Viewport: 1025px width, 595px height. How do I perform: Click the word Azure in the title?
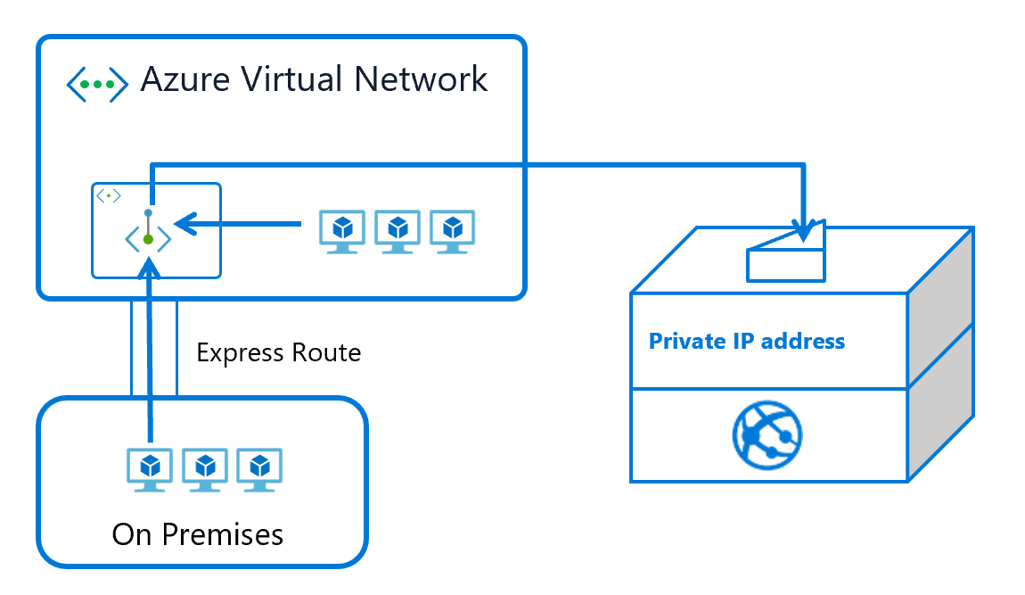pos(183,79)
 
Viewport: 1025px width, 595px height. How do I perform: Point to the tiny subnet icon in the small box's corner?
pos(108,195)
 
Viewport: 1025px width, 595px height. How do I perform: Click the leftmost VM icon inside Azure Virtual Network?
pos(342,231)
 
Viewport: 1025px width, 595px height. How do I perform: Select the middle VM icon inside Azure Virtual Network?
pos(398,231)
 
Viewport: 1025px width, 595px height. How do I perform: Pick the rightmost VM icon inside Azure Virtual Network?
pos(453,231)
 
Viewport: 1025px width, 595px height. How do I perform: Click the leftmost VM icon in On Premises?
pos(151,468)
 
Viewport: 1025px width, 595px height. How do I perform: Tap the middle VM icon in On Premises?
pos(205,468)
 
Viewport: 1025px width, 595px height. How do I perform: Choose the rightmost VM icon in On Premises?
pos(259,468)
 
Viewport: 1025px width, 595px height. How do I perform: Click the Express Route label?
pos(278,353)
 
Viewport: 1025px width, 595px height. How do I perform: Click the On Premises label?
pos(198,534)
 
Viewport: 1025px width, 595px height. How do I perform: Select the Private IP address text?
pos(747,342)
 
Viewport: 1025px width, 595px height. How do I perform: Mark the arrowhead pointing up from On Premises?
pos(149,268)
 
